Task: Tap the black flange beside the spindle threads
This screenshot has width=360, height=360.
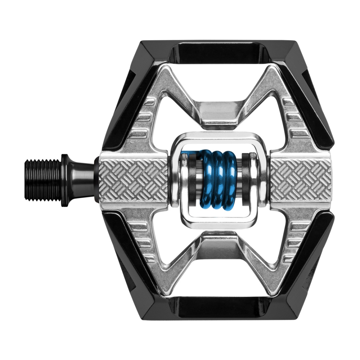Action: click(65, 180)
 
